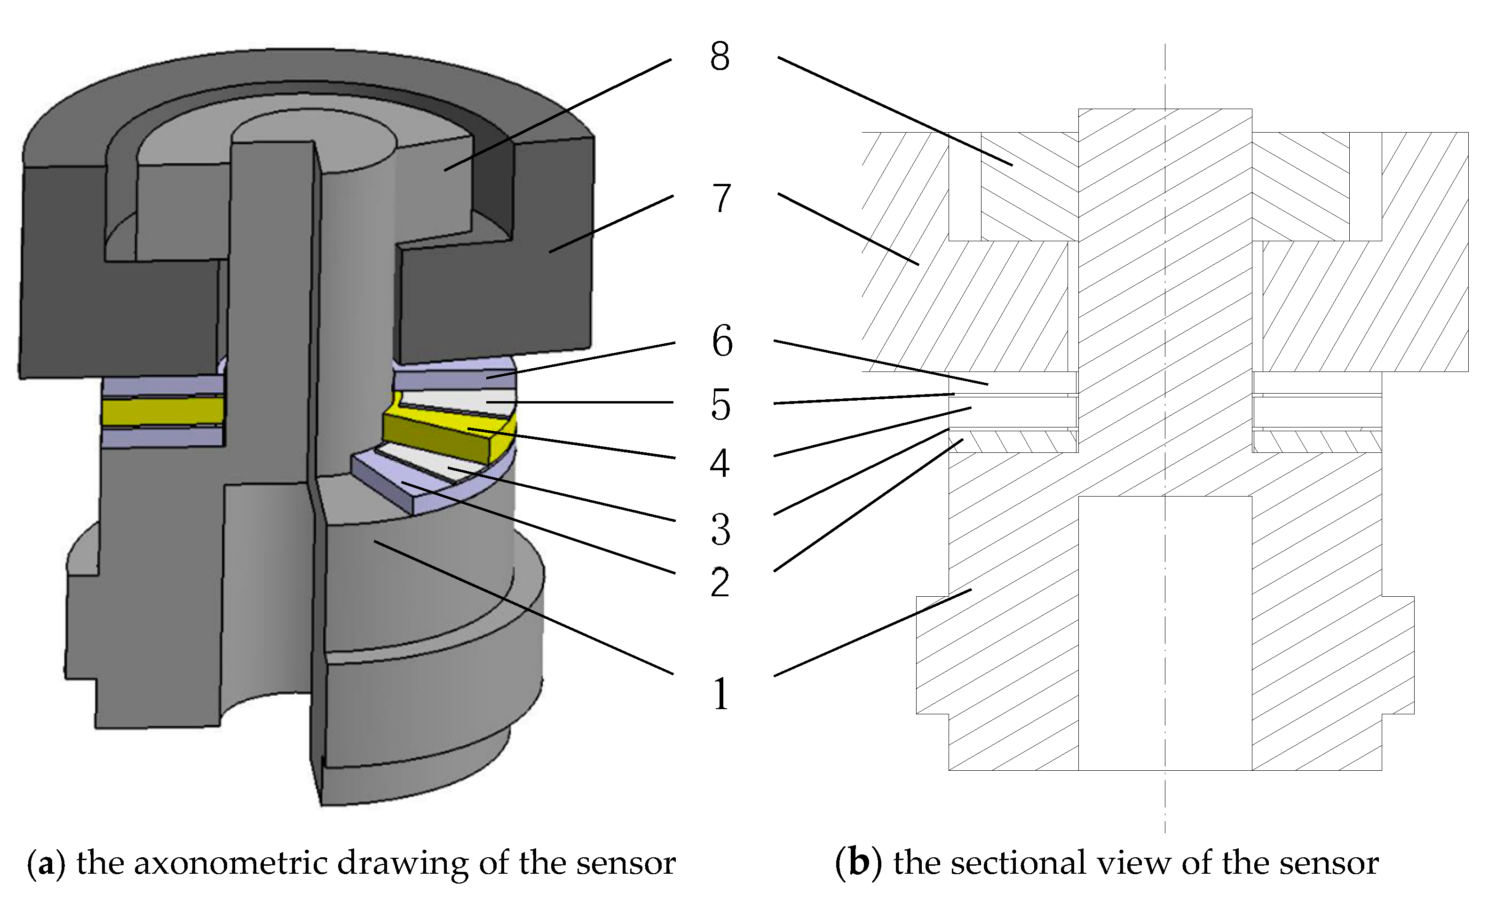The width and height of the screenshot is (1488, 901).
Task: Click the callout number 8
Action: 720,57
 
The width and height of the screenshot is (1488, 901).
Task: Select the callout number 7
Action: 721,198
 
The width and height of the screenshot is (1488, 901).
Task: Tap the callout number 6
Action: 722,341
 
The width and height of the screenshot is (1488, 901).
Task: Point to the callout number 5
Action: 721,404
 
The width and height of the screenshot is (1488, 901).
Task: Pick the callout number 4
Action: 720,463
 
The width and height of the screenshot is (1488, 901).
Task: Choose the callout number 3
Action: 721,530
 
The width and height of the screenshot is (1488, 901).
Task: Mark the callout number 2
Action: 720,583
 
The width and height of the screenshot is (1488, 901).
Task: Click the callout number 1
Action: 721,693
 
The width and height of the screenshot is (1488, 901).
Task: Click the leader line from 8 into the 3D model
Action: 557,115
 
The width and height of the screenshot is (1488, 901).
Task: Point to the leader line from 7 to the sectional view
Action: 848,229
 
